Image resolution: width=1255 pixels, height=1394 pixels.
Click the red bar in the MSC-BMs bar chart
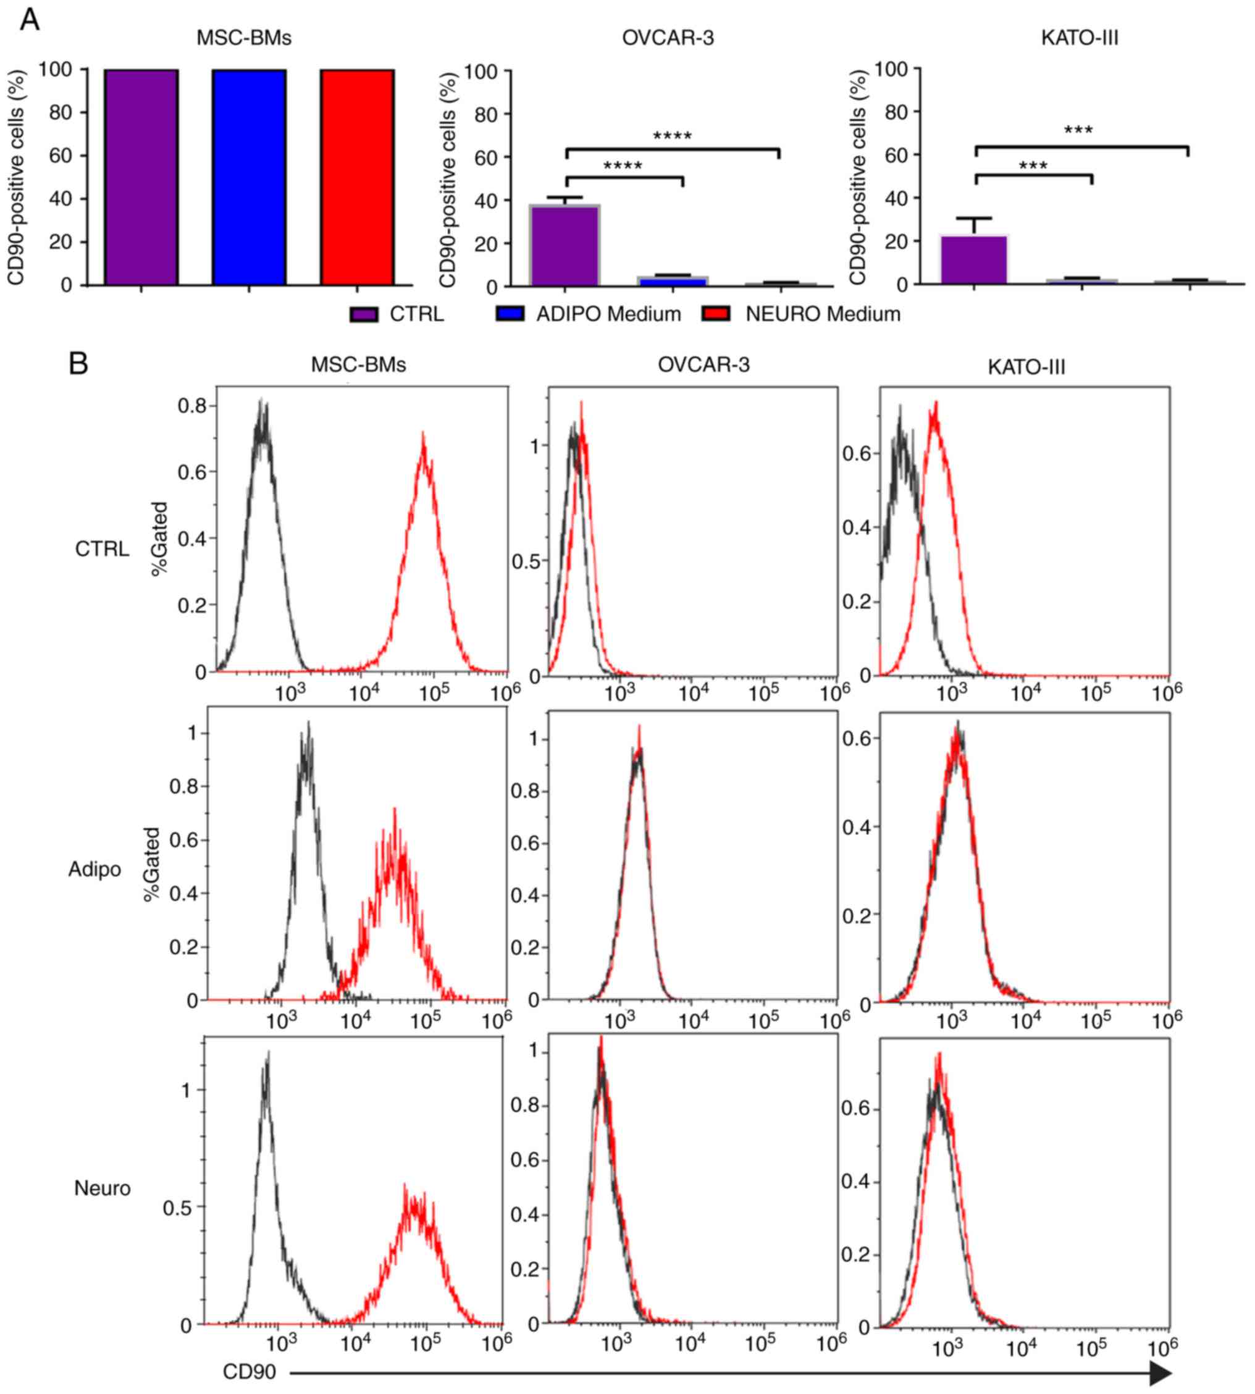coord(356,177)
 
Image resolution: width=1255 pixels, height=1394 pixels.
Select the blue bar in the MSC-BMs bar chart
coord(249,177)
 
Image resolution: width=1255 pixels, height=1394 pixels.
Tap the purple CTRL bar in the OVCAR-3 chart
coord(564,245)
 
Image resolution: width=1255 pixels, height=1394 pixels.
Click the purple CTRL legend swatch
coord(363,314)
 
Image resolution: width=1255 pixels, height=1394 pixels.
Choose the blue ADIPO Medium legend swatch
coord(510,314)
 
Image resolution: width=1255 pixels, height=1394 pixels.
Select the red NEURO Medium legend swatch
coord(716,314)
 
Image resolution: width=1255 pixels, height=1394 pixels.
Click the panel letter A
coord(30,20)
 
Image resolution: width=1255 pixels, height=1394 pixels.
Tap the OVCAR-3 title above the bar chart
coord(668,38)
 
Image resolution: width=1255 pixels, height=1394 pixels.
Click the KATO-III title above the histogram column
coord(1026,367)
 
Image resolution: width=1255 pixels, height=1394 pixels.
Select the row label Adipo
coord(94,870)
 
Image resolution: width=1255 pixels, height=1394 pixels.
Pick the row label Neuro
coord(102,1188)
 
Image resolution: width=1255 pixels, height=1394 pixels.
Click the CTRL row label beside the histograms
coord(102,550)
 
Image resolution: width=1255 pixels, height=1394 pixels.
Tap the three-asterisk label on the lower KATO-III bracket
coord(1032,166)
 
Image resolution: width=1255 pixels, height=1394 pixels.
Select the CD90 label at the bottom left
coord(249,1372)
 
